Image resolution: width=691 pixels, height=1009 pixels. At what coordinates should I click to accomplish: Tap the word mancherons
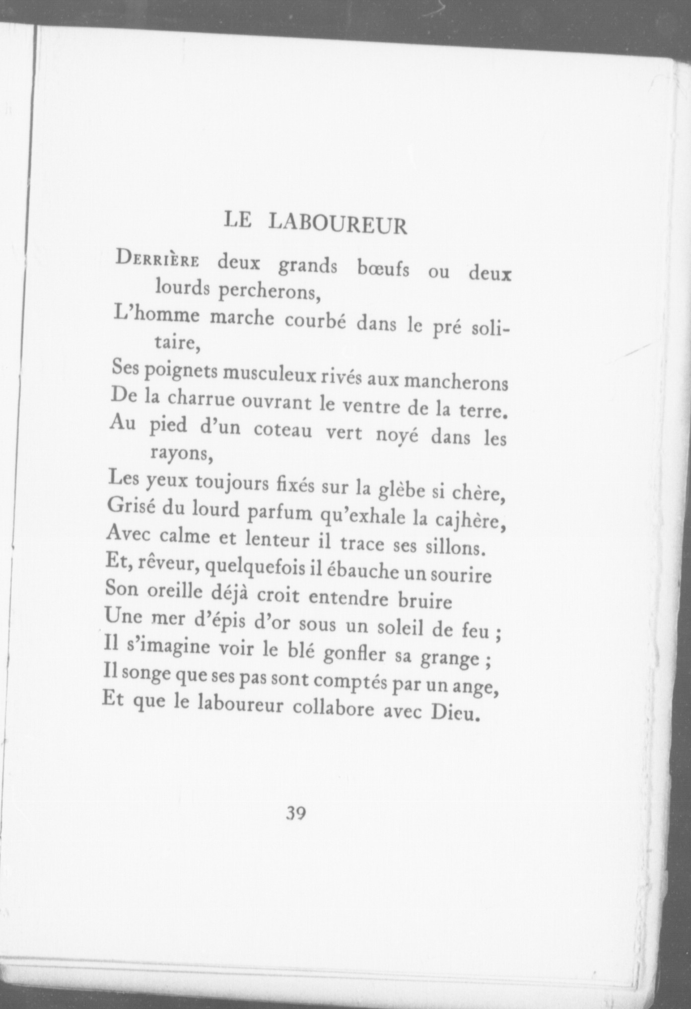[x=456, y=382]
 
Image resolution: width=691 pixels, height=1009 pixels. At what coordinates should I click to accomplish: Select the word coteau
[x=283, y=430]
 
